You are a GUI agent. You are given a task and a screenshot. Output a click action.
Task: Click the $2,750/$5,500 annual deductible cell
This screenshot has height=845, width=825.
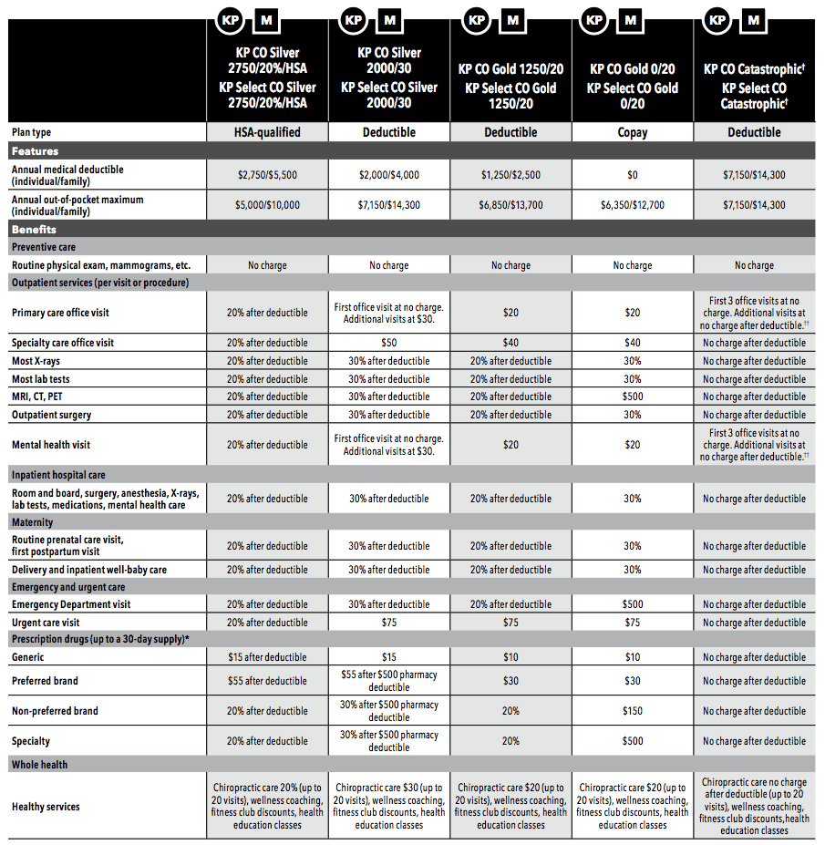[267, 175]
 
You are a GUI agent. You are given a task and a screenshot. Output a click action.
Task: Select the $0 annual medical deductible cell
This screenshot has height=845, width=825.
[633, 175]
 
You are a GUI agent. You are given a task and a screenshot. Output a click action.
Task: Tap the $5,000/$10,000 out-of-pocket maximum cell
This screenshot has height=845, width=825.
[267, 205]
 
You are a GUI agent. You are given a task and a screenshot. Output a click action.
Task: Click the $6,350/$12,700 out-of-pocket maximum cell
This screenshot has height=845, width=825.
[633, 205]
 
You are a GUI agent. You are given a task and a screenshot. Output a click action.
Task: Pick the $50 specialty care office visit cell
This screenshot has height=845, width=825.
[389, 343]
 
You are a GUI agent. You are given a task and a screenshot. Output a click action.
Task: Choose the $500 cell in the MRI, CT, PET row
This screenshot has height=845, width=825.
[633, 397]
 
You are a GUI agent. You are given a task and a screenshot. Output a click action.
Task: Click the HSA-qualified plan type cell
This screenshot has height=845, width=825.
[267, 132]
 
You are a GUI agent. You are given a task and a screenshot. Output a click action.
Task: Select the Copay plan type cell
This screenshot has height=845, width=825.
[633, 132]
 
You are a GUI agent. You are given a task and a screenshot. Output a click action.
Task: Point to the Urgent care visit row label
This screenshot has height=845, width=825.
[46, 623]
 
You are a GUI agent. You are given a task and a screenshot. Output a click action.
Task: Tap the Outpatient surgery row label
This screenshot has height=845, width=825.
[51, 415]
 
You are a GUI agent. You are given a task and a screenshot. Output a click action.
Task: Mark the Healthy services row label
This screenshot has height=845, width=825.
[46, 807]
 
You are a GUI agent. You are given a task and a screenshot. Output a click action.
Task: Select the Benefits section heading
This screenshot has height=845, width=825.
[34, 230]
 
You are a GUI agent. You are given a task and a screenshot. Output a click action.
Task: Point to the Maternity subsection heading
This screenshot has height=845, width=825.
[33, 522]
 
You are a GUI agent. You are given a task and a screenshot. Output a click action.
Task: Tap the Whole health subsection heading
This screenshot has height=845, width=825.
[40, 764]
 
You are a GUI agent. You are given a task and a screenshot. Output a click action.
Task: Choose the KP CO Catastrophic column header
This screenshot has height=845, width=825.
[754, 87]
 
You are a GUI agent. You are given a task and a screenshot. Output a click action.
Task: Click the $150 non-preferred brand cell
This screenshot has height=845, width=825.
[633, 711]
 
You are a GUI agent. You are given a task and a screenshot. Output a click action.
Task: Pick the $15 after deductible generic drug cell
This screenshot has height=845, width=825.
[267, 657]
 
